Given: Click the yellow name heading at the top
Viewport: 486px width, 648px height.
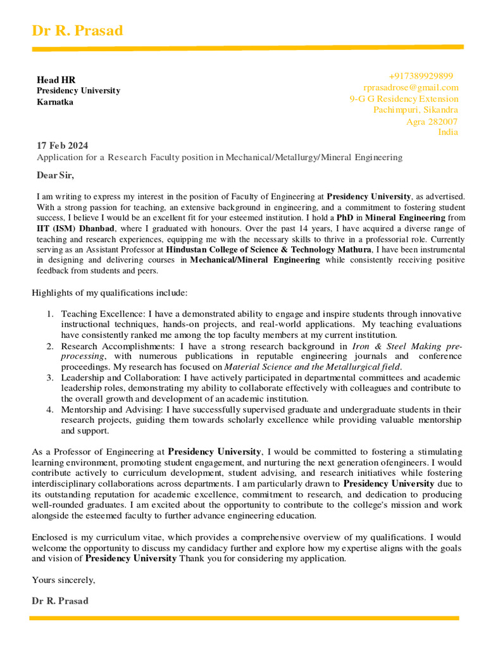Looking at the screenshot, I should [x=77, y=30].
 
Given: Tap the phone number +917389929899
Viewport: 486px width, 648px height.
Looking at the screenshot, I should [x=421, y=76].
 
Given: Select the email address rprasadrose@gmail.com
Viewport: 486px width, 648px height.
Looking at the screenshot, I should [x=411, y=87].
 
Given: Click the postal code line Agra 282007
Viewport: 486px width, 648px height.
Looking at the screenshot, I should [x=432, y=121].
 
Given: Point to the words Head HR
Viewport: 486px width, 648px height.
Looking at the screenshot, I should [x=56, y=80].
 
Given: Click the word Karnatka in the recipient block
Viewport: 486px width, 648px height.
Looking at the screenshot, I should [x=55, y=102].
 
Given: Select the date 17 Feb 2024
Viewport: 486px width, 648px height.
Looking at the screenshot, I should [x=63, y=146].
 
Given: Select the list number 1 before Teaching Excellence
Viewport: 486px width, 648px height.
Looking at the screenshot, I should [x=50, y=314].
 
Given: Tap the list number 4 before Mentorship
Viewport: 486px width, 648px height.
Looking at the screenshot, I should [x=50, y=409].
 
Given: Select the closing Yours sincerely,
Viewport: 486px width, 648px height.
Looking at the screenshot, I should [x=63, y=580].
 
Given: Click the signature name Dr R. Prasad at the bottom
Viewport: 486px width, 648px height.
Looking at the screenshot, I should [x=60, y=601].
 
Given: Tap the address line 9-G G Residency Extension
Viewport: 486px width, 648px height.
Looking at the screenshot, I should [x=404, y=99].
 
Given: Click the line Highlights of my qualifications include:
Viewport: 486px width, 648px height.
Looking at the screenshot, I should [x=109, y=292].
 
